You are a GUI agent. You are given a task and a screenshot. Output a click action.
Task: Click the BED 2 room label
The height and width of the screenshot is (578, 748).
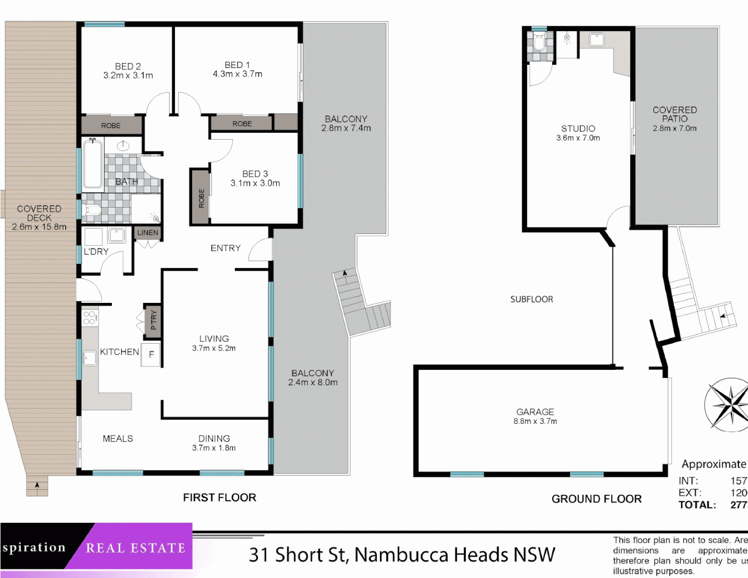(x=128, y=66)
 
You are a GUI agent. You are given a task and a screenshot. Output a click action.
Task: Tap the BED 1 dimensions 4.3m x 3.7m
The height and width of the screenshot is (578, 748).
(x=238, y=74)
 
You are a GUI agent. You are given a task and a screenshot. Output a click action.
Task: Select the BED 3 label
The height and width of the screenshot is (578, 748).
(x=255, y=174)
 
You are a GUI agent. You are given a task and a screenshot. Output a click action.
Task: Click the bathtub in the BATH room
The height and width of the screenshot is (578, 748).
(x=93, y=163)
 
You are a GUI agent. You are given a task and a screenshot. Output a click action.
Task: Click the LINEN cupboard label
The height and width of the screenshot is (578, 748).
(x=148, y=233)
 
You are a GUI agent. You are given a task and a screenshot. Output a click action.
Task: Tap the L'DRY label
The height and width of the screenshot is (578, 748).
(x=96, y=252)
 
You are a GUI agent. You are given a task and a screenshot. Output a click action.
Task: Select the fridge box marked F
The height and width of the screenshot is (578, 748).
(x=151, y=354)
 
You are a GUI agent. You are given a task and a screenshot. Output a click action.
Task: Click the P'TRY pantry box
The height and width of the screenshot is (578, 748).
(x=153, y=321)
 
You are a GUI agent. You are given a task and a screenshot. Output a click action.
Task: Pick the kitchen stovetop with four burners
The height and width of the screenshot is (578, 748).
(x=90, y=317)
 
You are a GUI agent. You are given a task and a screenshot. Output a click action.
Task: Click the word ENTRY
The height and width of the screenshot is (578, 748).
(x=225, y=248)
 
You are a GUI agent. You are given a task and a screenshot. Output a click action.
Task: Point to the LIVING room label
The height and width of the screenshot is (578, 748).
(x=214, y=339)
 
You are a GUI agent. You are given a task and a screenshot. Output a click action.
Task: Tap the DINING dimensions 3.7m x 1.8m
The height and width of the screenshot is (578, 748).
(x=214, y=448)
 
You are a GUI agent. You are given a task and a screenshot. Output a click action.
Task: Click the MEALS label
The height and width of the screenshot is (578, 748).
(x=118, y=439)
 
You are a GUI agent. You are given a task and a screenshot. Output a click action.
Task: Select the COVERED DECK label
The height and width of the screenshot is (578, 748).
(x=39, y=214)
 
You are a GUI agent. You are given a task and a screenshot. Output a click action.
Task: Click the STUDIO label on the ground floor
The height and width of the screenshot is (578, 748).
(x=578, y=128)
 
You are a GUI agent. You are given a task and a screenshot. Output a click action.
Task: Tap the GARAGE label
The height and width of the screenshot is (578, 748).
(x=535, y=412)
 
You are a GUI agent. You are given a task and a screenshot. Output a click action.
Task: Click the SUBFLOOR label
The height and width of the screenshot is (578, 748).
(x=531, y=300)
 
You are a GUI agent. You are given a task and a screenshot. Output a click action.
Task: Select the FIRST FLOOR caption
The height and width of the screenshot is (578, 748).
(x=219, y=498)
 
